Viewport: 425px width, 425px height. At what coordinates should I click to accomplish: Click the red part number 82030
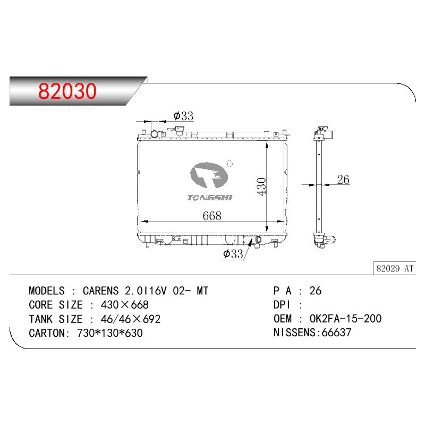point(67,91)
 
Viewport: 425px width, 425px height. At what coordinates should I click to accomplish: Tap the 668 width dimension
point(212,216)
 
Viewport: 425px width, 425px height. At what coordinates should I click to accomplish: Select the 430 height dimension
point(261,186)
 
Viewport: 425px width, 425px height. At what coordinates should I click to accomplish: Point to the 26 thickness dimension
point(343,180)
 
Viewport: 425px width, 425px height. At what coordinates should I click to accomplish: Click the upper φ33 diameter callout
point(183,116)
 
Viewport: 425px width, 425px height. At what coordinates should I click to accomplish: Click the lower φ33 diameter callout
point(233,254)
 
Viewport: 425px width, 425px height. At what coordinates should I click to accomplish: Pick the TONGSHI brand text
point(210,198)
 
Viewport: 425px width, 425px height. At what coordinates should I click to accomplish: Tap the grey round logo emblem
point(209,175)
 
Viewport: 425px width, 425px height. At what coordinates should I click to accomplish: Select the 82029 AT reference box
point(395,268)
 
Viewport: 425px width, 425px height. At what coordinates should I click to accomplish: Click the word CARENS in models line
point(100,291)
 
